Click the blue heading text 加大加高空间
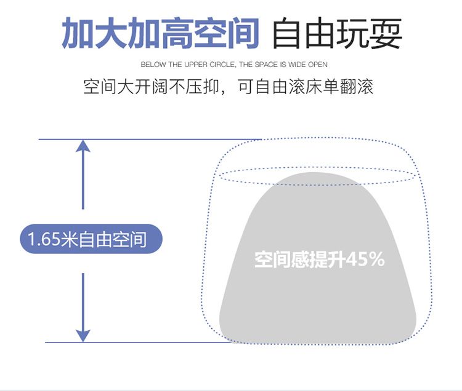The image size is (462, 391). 160,34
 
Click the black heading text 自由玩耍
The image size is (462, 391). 337,34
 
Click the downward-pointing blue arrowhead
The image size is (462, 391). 83,335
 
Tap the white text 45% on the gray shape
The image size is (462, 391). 366,259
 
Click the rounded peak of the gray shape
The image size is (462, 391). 317,178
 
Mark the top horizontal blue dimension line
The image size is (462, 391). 148,140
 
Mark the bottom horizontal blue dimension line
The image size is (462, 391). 136,342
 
